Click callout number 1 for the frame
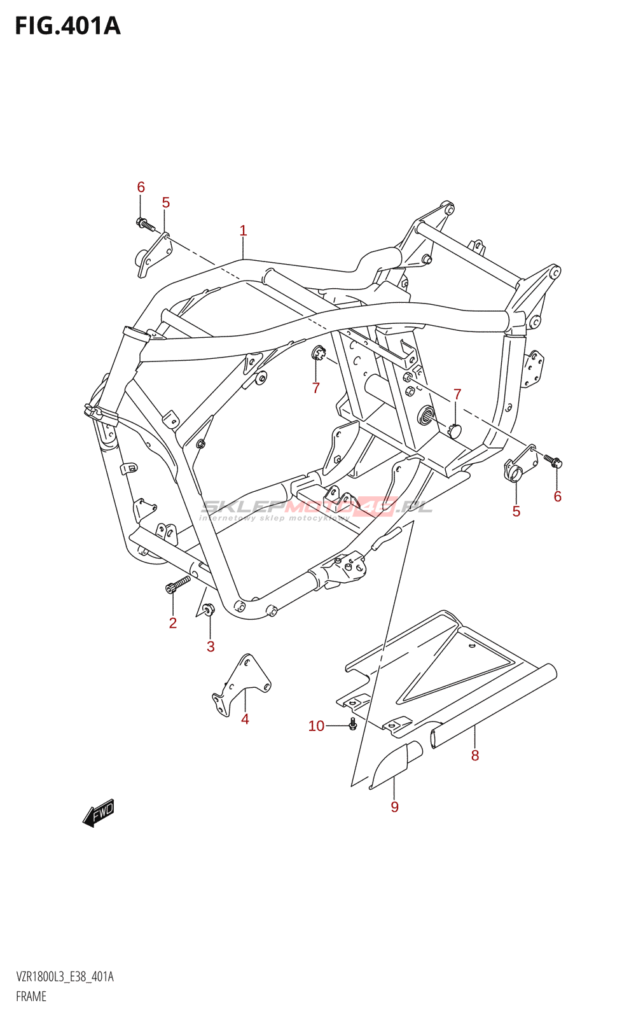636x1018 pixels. (243, 230)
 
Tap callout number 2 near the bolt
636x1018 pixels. (172, 623)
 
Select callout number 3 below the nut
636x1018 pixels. (211, 646)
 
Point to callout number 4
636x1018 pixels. (245, 719)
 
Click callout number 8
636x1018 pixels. (475, 755)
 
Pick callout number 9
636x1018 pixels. (394, 807)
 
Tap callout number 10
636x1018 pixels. (316, 726)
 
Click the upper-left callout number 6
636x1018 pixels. (141, 187)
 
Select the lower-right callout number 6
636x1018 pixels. (557, 496)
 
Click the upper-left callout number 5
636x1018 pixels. (165, 203)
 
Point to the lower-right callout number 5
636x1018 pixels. (516, 511)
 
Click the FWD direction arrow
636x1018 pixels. (99, 812)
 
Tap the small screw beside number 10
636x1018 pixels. (354, 724)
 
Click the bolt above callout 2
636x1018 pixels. (177, 583)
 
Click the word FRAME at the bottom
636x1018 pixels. (31, 996)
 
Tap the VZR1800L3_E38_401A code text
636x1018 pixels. (64, 977)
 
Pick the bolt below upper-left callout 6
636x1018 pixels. (145, 224)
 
